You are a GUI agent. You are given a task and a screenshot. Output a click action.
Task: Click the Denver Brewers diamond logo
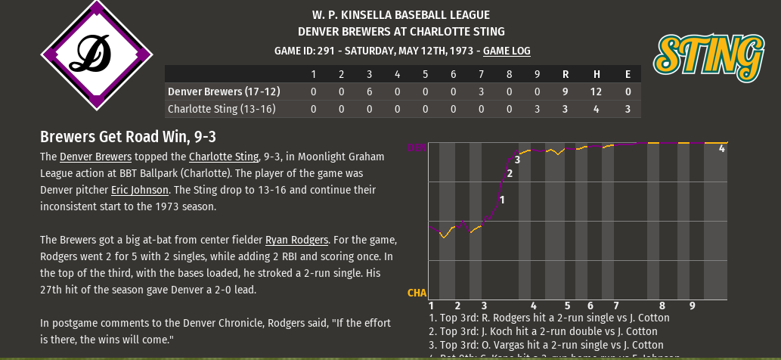97,54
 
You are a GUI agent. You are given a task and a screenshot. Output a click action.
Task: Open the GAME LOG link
507,51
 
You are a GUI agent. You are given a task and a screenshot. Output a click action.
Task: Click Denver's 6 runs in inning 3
369,92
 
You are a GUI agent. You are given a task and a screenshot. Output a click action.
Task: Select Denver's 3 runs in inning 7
481,92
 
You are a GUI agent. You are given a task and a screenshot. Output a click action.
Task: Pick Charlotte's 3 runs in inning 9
537,109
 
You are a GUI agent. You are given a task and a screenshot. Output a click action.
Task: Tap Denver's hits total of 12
597,92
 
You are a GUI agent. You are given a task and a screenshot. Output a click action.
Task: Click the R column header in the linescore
566,74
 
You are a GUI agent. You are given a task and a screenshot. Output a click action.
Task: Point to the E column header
628,74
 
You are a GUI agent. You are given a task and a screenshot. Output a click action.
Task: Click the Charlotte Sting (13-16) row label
222,109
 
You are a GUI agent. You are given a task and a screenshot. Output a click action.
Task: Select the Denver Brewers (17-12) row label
224,92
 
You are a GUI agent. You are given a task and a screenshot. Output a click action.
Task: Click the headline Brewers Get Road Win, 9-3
132,137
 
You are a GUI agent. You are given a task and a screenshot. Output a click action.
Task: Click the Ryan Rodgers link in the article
296,239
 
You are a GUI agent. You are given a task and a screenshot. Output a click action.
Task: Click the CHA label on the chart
417,293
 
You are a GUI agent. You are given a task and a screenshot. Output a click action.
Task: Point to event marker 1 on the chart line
502,199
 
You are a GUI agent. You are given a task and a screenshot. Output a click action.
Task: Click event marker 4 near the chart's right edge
721,149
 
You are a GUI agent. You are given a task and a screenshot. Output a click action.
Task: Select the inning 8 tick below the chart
662,306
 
